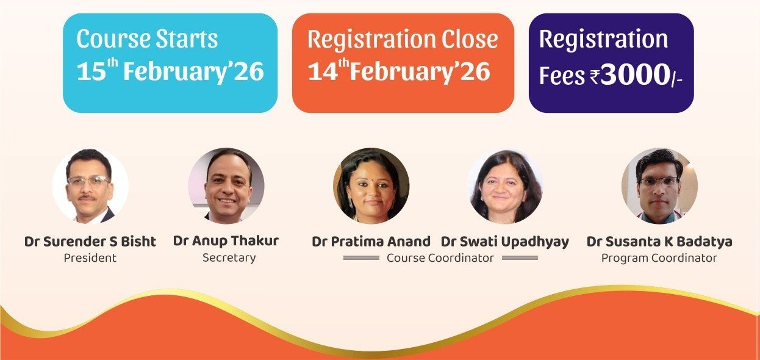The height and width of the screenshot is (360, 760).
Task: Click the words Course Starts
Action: [147, 38]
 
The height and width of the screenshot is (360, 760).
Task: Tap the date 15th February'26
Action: [170, 71]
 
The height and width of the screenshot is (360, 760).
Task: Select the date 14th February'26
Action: [399, 71]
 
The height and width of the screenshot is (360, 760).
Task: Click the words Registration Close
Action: [403, 40]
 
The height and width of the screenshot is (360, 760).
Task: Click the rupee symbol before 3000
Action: [595, 76]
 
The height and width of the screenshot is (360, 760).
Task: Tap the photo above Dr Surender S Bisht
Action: [90, 185]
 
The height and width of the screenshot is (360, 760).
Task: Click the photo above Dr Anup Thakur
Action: [226, 185]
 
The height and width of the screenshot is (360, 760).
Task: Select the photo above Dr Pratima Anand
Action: [371, 185]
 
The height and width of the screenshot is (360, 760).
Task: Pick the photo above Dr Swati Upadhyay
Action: [505, 185]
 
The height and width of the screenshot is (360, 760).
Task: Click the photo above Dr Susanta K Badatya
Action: [659, 185]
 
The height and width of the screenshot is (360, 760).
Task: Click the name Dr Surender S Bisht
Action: [90, 242]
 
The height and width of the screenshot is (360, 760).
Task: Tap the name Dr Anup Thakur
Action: [226, 241]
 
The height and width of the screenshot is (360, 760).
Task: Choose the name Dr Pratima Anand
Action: [371, 242]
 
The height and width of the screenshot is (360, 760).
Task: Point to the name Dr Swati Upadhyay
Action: [505, 242]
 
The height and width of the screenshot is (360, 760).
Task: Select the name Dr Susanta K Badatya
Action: [659, 242]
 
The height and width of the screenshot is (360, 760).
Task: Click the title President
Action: [90, 258]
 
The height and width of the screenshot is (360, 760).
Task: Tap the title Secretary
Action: [229, 258]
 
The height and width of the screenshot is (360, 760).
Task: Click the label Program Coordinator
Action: [659, 258]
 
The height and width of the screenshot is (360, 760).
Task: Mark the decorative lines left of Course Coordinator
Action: [361, 258]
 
